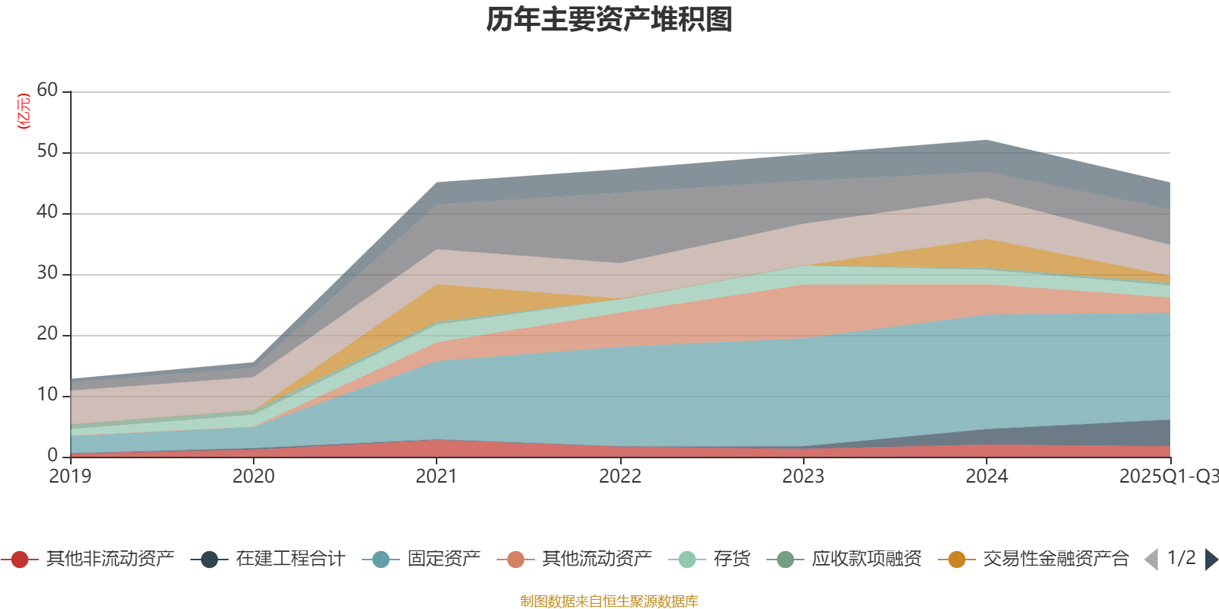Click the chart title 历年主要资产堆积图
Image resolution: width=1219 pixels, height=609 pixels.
[x=609, y=20]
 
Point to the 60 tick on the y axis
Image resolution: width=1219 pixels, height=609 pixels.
[x=47, y=90]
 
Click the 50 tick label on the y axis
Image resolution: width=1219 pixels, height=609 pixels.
[x=47, y=151]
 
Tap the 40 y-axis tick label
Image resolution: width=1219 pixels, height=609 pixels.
[x=47, y=212]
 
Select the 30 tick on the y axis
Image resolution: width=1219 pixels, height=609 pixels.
[x=47, y=273]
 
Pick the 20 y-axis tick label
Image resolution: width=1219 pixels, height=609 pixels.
[x=47, y=333]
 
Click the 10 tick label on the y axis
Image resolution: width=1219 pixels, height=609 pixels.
[x=47, y=394]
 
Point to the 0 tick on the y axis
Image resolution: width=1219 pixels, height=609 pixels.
[x=52, y=455]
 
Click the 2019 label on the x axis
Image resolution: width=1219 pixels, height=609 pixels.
[x=70, y=477]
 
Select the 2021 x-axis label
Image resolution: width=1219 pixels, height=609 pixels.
[x=437, y=477]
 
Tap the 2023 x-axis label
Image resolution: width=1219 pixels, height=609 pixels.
[x=803, y=477]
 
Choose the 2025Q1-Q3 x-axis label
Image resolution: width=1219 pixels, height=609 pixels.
[x=1168, y=477]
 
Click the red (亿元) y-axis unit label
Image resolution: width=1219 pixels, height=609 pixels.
[x=24, y=111]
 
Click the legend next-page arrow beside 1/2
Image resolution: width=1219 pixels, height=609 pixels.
[x=1211, y=560]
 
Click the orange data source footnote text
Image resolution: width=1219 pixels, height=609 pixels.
[x=609, y=601]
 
